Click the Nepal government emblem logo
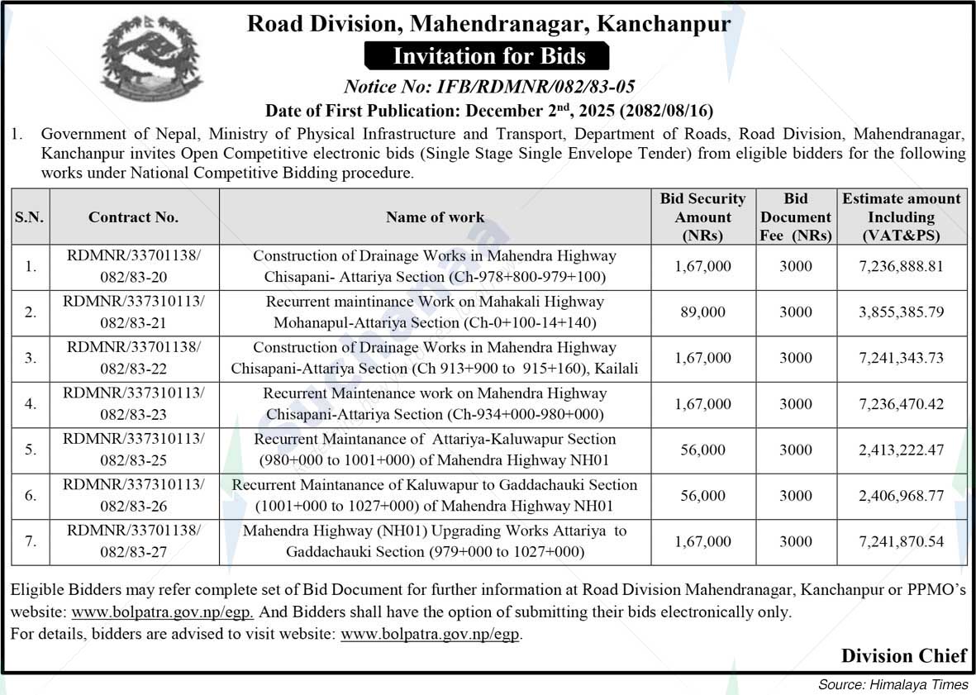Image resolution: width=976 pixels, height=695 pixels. (x=140, y=60)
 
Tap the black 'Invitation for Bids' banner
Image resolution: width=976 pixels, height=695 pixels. (x=488, y=56)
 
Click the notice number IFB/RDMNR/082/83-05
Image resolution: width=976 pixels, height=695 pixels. (x=488, y=87)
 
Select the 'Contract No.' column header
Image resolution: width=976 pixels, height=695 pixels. (x=133, y=217)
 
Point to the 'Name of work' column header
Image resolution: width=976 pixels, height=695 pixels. (x=435, y=217)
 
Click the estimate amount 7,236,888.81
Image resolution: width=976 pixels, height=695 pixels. (x=901, y=267)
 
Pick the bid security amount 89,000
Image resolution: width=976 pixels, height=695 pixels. (x=702, y=312)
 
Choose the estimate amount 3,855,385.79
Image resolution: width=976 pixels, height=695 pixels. (x=901, y=312)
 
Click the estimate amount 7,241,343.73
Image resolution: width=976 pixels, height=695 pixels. (x=901, y=359)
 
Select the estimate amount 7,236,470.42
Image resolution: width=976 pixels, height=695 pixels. (x=901, y=404)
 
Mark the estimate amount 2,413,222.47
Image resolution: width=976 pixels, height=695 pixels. (x=901, y=450)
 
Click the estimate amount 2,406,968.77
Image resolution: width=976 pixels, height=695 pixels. (x=901, y=496)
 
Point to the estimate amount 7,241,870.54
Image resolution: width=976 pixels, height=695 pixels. (x=901, y=542)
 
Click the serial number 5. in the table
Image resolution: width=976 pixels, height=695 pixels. (x=31, y=450)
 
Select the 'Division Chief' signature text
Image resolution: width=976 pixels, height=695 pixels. (x=903, y=656)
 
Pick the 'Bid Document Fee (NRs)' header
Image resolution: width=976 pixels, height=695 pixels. (x=796, y=217)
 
